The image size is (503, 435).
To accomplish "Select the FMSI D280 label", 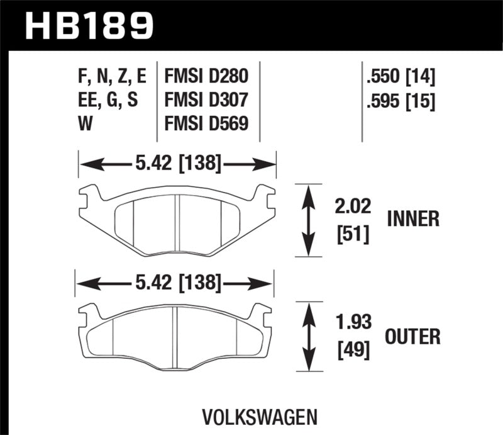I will [x=206, y=77].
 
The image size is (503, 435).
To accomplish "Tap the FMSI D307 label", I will [x=206, y=100].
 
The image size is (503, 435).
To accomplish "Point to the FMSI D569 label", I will [x=206, y=123].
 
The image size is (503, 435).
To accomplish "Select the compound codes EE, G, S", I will [x=106, y=100].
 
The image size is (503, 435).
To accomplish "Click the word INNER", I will [x=413, y=219].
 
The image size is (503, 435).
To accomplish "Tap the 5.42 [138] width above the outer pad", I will [x=176, y=285].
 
